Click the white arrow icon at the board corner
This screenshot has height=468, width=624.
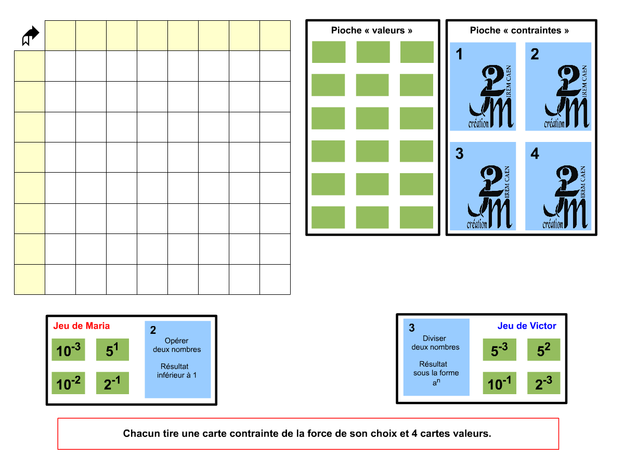(30, 35)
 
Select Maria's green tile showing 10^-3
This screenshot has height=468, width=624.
(68, 350)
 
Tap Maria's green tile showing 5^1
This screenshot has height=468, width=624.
(112, 350)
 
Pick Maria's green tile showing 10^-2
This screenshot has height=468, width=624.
(68, 383)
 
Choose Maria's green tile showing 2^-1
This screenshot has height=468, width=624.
(112, 383)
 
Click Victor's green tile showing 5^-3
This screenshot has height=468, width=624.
(499, 350)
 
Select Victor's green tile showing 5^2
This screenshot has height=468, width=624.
(544, 350)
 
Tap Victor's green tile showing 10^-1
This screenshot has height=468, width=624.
(499, 383)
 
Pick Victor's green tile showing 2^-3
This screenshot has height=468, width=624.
(544, 383)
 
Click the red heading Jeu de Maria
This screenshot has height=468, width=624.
(82, 326)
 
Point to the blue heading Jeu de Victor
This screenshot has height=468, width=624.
(527, 326)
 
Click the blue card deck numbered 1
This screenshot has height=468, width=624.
(483, 86)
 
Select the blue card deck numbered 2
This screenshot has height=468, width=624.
(558, 86)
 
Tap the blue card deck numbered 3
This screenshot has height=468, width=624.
(483, 186)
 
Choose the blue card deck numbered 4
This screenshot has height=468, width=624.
(558, 186)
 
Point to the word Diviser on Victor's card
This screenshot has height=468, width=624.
(435, 339)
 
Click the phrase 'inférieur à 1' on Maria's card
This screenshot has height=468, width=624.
(177, 375)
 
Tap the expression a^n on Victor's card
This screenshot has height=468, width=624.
(436, 382)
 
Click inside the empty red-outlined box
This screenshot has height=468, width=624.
(308, 434)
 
